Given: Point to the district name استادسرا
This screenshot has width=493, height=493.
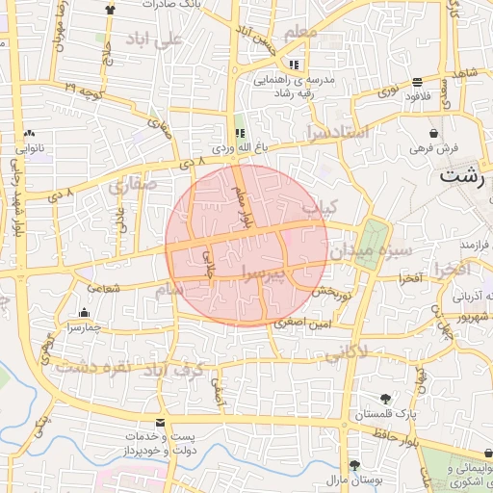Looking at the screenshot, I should click(336, 133).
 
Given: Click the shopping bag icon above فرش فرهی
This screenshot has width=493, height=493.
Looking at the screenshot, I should click(434, 134).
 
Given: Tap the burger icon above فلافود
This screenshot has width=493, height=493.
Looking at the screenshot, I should click(416, 82).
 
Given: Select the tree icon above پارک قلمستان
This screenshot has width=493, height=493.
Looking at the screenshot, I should click(386, 398).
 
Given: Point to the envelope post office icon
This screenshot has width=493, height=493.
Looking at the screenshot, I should click(159, 424).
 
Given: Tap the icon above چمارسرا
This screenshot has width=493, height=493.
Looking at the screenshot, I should click(85, 312).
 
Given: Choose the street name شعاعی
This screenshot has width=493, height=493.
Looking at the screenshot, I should click(104, 287).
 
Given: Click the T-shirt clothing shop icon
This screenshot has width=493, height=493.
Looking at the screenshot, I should click(109, 9).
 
